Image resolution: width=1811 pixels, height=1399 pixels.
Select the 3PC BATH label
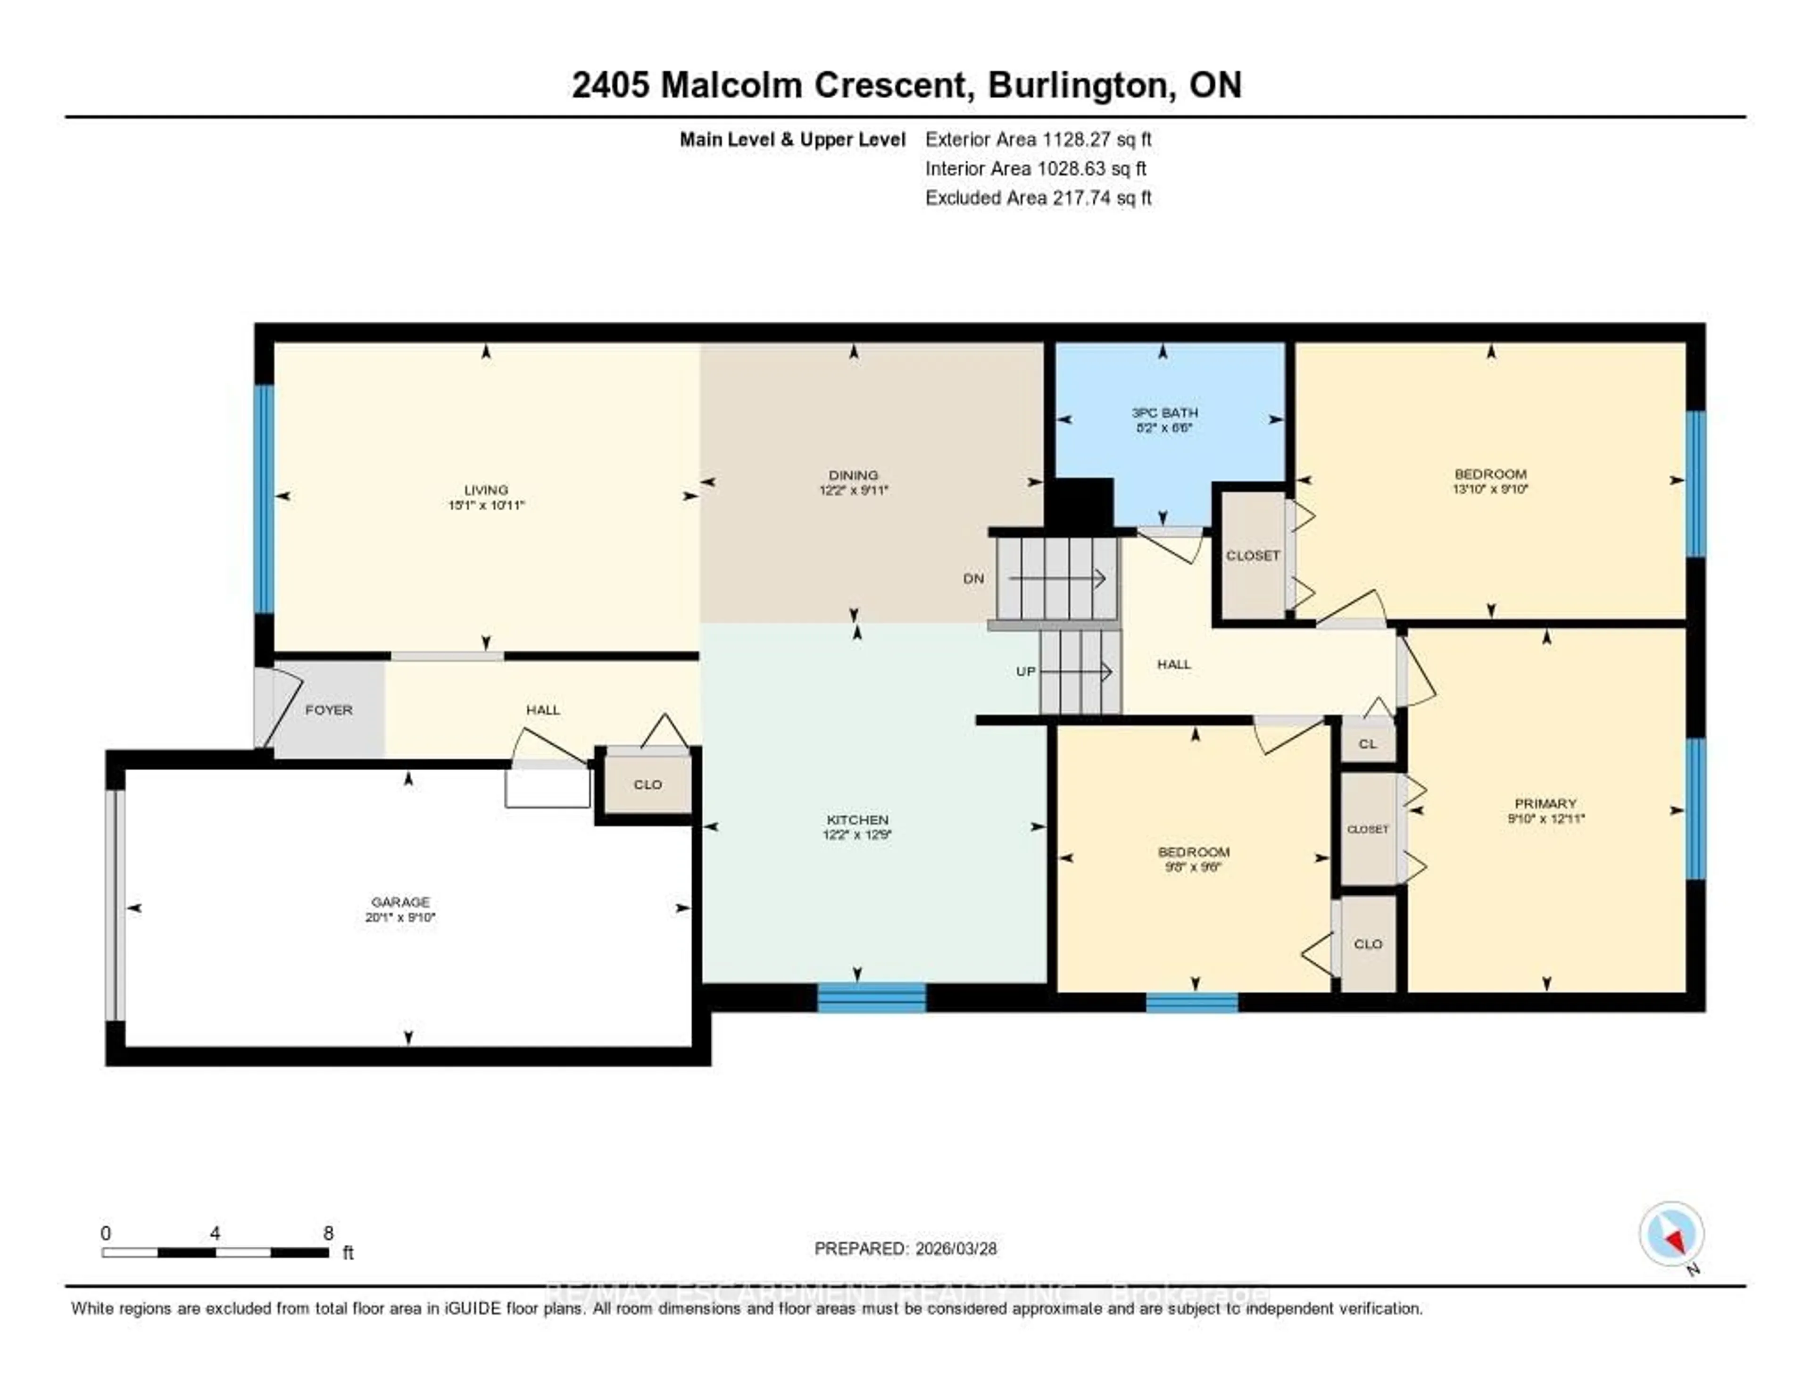click(1164, 412)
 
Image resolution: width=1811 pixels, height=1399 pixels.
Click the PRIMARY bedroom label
click(1545, 803)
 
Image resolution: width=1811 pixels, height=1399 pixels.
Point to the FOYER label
click(328, 710)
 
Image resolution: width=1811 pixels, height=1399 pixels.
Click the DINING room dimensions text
click(853, 490)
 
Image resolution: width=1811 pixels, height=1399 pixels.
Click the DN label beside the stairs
click(973, 578)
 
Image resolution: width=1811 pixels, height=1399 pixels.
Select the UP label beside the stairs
click(1026, 671)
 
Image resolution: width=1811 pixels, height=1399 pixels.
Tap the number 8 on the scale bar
click(328, 1233)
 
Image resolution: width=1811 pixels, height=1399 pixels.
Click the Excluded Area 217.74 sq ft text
click(1038, 197)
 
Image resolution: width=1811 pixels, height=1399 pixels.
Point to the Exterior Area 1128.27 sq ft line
click(1038, 139)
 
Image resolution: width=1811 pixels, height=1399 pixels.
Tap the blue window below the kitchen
click(872, 998)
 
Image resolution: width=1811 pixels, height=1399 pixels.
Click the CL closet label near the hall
click(1367, 744)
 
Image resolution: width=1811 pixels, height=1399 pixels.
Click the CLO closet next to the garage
click(648, 784)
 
